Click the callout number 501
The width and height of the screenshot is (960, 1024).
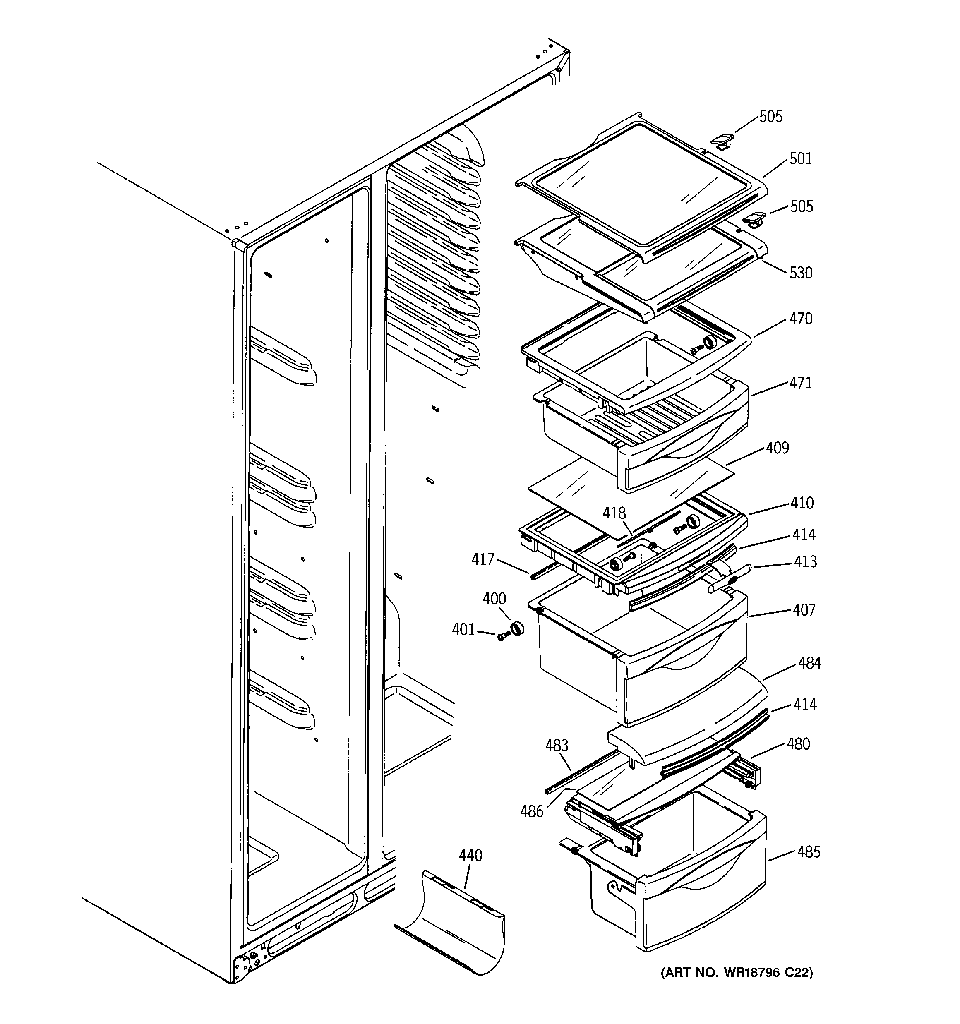tap(800, 158)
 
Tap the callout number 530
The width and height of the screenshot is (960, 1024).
tap(800, 273)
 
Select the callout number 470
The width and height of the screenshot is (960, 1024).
tap(801, 319)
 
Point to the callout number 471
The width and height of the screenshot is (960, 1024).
tap(800, 383)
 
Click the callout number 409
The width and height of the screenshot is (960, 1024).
tap(777, 448)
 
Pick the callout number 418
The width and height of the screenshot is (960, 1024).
tap(614, 513)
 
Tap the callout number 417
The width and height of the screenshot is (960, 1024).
tap(482, 559)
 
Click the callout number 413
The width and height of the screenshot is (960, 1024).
tap(805, 561)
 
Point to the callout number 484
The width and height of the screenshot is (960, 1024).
tap(809, 663)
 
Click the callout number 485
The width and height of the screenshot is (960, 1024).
tap(809, 852)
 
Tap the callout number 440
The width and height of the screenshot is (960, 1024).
tap(470, 856)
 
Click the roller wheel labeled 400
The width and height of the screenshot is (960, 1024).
tap(516, 629)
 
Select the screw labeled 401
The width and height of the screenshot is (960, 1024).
tap(502, 637)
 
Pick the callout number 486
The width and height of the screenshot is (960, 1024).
tap(532, 812)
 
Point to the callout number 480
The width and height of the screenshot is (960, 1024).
tap(798, 744)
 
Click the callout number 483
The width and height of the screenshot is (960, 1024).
tap(557, 745)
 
